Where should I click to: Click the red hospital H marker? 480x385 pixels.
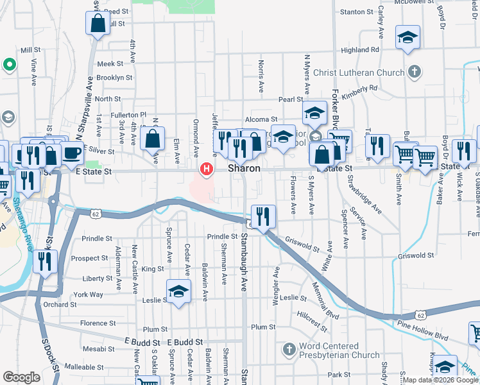[207, 169]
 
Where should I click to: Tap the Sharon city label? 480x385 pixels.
[244, 168]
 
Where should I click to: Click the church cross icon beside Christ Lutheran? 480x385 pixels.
[415, 72]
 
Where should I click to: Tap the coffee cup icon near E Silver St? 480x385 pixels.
[73, 154]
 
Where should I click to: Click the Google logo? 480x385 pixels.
[21, 377]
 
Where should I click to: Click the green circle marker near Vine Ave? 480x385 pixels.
[9, 64]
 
